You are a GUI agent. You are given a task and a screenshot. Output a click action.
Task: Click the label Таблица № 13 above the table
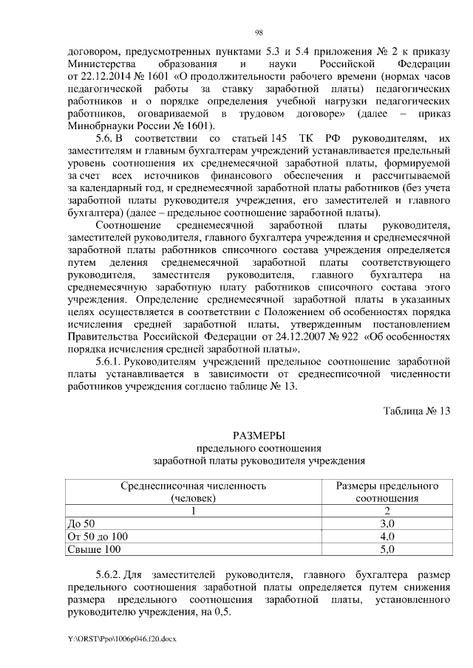pos(416,411)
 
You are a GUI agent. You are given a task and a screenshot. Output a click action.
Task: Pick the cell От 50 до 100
pos(98,537)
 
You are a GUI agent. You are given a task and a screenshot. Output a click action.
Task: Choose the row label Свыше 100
pos(92,550)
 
